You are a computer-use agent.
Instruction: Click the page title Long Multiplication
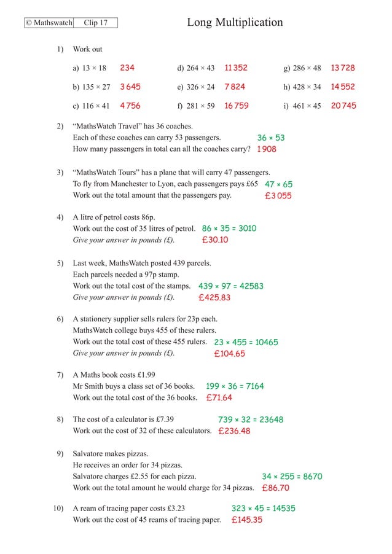click(x=235, y=23)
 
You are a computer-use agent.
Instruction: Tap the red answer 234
click(x=127, y=68)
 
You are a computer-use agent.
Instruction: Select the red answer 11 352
click(x=236, y=68)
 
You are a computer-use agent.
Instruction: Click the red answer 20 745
click(x=343, y=106)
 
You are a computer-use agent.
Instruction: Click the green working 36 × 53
click(x=271, y=138)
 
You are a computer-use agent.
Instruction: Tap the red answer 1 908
click(x=267, y=149)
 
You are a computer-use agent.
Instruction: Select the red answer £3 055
click(x=278, y=196)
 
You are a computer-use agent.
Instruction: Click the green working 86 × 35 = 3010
click(x=229, y=228)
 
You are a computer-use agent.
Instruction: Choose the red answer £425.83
click(x=214, y=298)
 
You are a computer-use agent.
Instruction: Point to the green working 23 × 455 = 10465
click(x=246, y=343)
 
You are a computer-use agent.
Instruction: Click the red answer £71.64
click(x=219, y=398)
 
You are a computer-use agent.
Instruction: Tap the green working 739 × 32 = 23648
click(x=251, y=420)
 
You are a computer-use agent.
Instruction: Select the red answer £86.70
click(x=275, y=488)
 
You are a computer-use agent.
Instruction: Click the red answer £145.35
click(x=247, y=520)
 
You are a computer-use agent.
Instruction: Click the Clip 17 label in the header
click(x=95, y=23)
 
